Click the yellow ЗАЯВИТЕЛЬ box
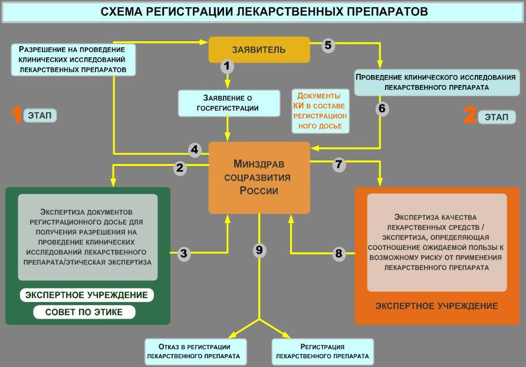tap(259, 50)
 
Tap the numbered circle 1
tap(227, 66)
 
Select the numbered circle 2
tap(180, 168)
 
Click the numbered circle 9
tap(259, 250)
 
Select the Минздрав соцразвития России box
tap(259, 178)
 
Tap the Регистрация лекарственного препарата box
tap(322, 352)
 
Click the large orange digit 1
tap(17, 115)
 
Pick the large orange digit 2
tap(469, 115)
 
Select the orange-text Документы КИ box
tap(320, 111)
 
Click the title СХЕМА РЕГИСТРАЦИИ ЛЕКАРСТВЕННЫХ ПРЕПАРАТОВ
tap(263, 12)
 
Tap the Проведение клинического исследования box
tap(436, 82)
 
